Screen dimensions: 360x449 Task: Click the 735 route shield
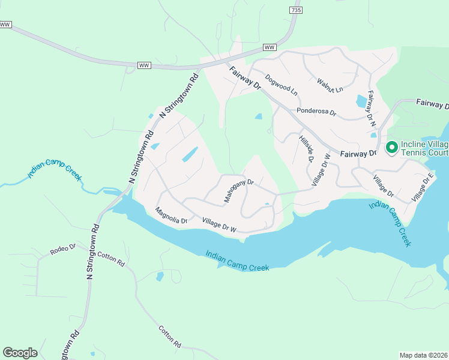tap(295, 10)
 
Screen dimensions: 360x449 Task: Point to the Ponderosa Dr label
tap(316, 112)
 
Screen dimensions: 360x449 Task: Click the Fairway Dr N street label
tap(372, 109)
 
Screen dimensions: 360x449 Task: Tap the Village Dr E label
tap(422, 188)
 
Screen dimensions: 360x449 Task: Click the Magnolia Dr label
tap(172, 216)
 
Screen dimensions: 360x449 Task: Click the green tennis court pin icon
tap(392, 146)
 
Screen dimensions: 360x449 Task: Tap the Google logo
tap(20, 353)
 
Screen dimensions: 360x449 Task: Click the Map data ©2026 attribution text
tap(424, 355)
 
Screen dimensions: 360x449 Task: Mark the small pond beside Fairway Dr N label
tap(362, 101)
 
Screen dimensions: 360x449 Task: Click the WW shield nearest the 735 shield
tap(270, 47)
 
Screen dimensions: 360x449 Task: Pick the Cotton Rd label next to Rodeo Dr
tap(110, 259)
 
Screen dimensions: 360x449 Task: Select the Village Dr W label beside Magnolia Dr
tap(220, 225)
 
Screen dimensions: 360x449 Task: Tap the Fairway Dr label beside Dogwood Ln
tap(245, 78)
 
